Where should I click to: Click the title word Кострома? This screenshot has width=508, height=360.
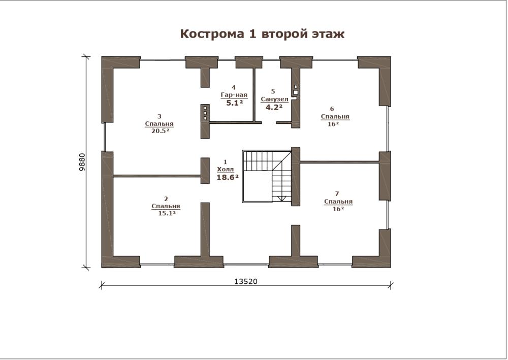coord(212,34)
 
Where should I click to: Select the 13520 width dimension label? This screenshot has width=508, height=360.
coord(245,281)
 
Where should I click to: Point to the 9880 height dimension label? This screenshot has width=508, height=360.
coord(82,162)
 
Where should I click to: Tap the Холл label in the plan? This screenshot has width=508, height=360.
coord(225,169)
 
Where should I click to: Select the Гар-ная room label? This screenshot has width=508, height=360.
coord(234,95)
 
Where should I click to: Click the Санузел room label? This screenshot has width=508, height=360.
coord(274,99)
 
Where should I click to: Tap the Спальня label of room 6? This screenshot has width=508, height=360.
coord(335,117)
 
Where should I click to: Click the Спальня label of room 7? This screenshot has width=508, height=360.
coord(338,202)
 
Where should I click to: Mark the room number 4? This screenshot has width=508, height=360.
coord(234,87)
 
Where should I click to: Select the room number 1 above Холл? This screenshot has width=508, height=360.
coord(226,162)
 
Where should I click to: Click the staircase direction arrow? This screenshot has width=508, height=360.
coord(281,198)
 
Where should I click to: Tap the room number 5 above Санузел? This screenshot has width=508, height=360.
coord(273,91)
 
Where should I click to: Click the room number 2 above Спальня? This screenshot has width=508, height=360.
coord(166,199)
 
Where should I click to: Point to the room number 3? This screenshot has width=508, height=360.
coord(159,116)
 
